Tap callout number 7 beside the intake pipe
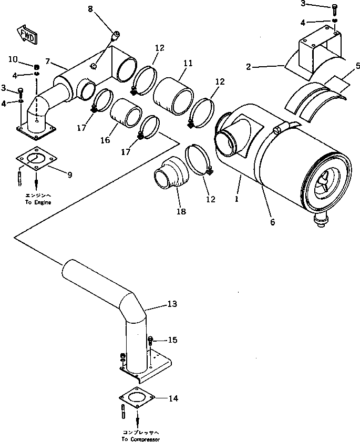point(48,62)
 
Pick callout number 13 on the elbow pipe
point(173,304)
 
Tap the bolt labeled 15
point(151,341)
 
